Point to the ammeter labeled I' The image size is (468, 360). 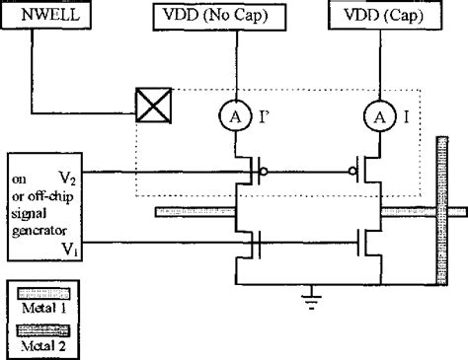[x=236, y=117]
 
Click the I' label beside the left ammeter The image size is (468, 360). [x=265, y=117]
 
